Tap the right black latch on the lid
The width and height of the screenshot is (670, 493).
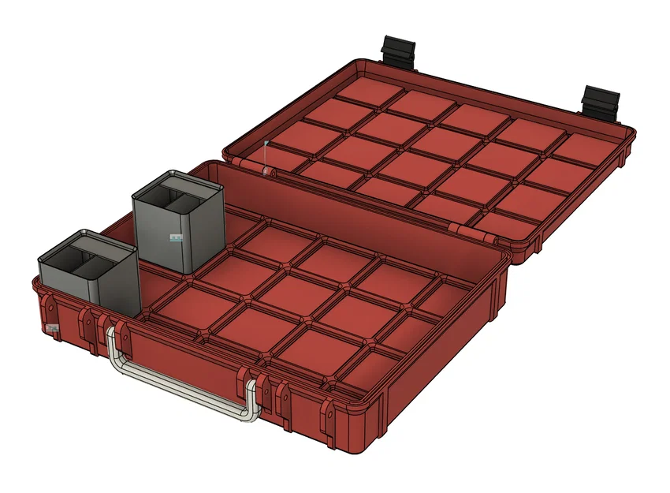pos(600,101)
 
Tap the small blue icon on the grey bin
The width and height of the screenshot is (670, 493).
pos(175,236)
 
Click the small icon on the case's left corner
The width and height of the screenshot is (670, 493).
pos(52,327)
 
